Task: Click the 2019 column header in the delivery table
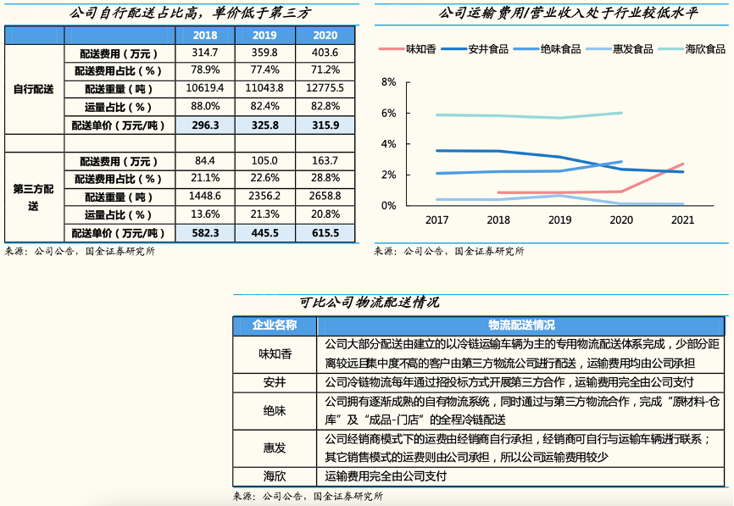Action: point(264,36)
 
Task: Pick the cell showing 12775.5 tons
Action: point(325,88)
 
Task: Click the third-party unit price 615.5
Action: point(325,233)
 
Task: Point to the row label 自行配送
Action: point(33,89)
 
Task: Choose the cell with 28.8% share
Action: point(325,179)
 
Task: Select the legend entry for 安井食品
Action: point(487,49)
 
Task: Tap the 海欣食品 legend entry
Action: point(704,49)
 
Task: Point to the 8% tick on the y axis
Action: point(389,82)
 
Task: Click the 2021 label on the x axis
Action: point(682,220)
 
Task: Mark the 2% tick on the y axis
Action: point(389,175)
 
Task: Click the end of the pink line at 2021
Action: point(682,164)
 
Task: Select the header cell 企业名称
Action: point(275,325)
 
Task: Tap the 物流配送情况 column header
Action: point(520,325)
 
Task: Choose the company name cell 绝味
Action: point(275,410)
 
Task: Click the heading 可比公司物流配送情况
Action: point(369,303)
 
